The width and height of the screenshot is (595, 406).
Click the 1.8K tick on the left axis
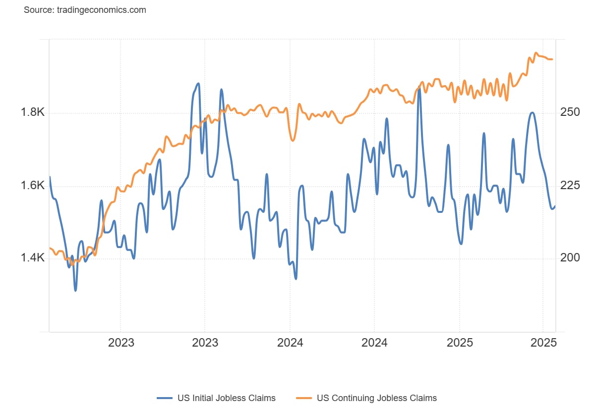32,112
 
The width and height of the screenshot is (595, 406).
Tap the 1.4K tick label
32,258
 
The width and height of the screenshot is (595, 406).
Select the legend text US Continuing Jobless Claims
377,398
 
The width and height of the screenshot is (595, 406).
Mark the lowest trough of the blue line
75,290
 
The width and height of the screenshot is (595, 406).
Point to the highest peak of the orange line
535,52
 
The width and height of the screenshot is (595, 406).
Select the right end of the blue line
555,206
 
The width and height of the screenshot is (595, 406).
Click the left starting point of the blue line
50,177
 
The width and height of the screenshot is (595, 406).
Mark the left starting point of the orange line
50,248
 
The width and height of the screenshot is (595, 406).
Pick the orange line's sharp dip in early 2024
293,141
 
